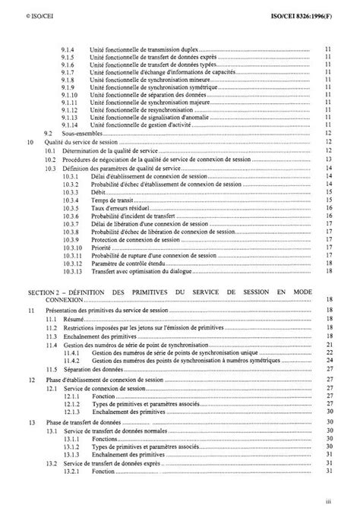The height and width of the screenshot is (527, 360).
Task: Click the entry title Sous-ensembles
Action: pyautogui.click(x=80, y=133)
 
